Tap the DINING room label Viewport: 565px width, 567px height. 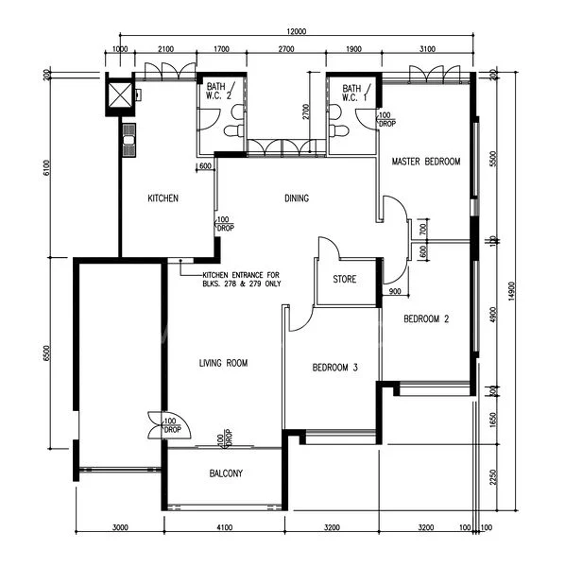click(x=297, y=198)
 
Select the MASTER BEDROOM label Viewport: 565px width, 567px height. click(x=425, y=162)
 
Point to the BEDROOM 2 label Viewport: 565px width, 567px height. click(x=426, y=318)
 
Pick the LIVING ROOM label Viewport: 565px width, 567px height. click(x=223, y=363)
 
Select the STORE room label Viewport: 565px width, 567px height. click(x=344, y=279)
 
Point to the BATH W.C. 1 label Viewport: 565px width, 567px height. click(x=353, y=92)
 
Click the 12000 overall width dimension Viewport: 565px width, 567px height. click(x=295, y=31)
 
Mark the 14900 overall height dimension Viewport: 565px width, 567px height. click(x=511, y=293)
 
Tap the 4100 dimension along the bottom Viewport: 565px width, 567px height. click(x=224, y=527)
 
